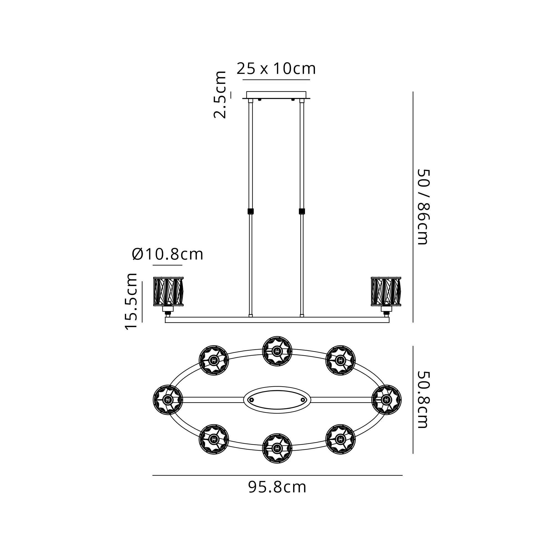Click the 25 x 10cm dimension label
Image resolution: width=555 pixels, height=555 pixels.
[276, 69]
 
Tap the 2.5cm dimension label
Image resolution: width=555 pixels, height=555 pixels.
[220, 95]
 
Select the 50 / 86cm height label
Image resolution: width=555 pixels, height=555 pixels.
[423, 207]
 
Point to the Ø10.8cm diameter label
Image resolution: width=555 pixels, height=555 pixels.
[168, 254]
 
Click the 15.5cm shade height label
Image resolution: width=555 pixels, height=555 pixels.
[131, 301]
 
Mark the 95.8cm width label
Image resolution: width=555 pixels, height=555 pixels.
[277, 487]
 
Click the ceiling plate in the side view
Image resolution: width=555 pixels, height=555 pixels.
[276, 95]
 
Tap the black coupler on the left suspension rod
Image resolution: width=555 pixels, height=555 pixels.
[251, 211]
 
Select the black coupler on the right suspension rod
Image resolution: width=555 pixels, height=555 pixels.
[302, 211]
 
